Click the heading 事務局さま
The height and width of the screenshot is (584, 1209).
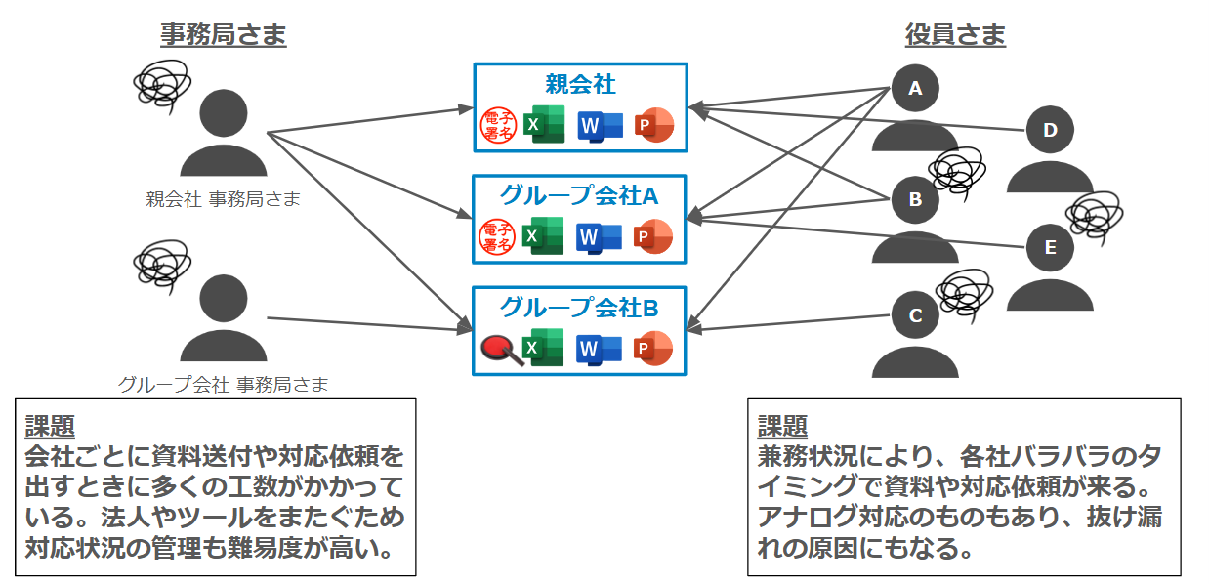coord(224,36)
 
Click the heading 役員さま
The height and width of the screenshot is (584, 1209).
coord(954,36)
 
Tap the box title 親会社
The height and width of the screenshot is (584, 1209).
coord(580,84)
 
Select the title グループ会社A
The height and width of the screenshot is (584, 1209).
coord(580,195)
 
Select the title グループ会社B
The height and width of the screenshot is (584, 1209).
coord(580,308)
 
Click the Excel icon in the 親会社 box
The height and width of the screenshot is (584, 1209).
coord(544,125)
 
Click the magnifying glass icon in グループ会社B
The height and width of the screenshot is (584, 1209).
coord(500,349)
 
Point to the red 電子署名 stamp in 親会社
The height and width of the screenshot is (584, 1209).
coord(498,125)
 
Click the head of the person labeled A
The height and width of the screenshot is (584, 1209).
coord(915,89)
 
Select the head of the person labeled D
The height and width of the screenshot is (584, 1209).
coord(1050,130)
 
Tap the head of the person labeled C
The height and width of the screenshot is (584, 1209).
coord(915,315)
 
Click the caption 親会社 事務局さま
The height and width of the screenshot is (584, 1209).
coord(223,200)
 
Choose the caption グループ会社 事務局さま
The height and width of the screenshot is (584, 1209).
coord(223,384)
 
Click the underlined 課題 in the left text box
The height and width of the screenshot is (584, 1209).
coord(50,426)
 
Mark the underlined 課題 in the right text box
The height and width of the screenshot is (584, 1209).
coord(782,426)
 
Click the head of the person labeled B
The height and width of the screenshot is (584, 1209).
coord(915,199)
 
